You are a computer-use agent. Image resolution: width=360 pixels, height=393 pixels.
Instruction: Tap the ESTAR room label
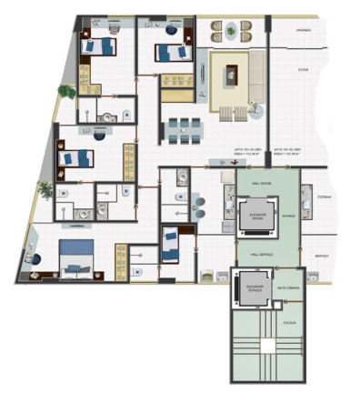click(305, 69)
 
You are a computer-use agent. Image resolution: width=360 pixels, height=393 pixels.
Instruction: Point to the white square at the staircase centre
click(268, 346)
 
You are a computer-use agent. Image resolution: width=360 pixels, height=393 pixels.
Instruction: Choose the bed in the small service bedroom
click(170, 243)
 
